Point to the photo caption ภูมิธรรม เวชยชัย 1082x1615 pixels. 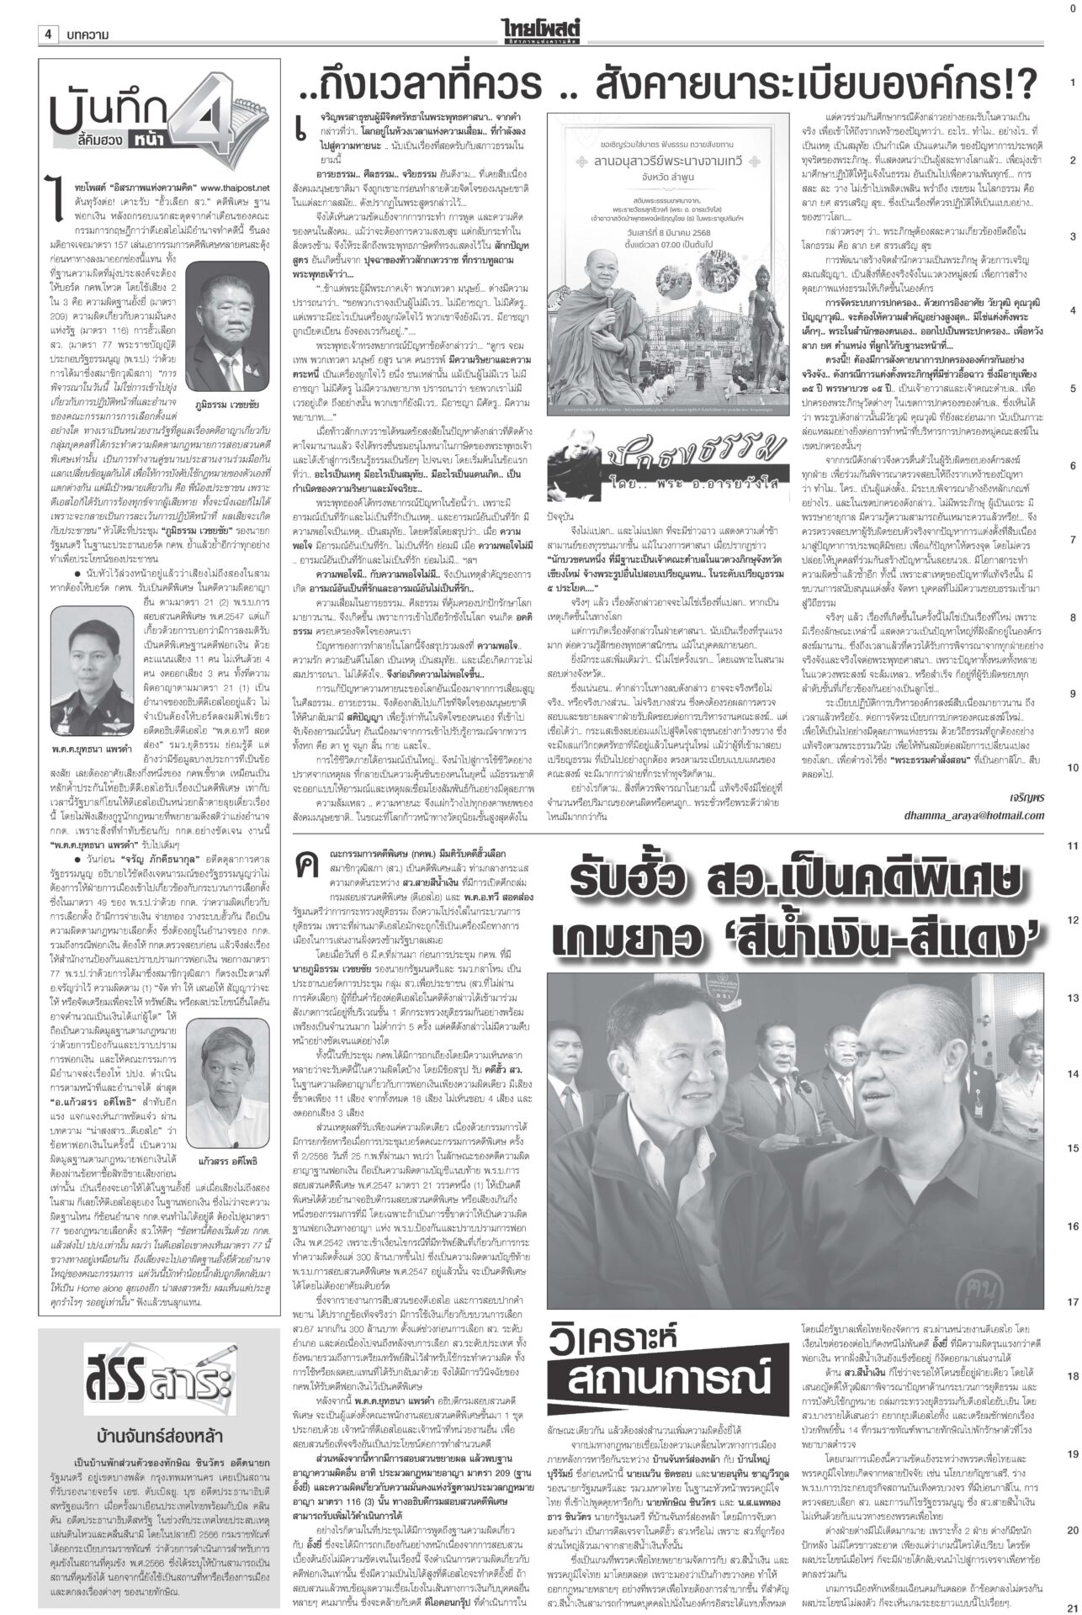pyautogui.click(x=228, y=378)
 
